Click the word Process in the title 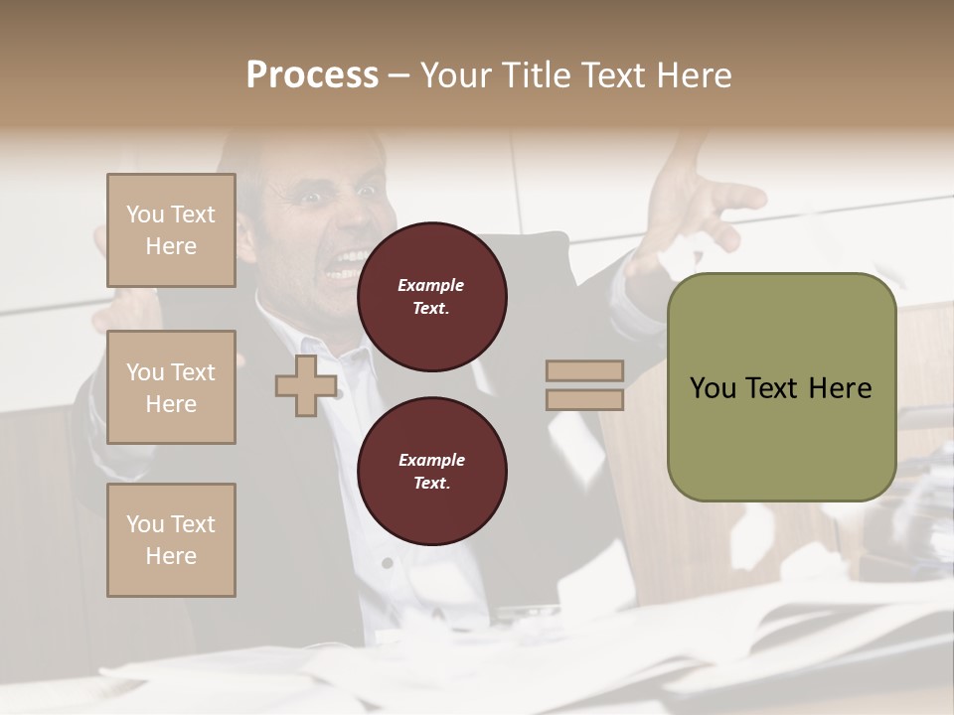[312, 74]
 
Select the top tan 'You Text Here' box [171, 230]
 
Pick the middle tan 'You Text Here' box [171, 387]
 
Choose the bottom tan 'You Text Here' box [171, 540]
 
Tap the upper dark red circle [431, 297]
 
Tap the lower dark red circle [431, 472]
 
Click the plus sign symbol [305, 385]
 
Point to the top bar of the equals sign [584, 371]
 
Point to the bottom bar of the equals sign [584, 399]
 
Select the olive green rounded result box [781, 386]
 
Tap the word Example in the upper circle [431, 285]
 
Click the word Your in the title [453, 74]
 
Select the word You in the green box [713, 388]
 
